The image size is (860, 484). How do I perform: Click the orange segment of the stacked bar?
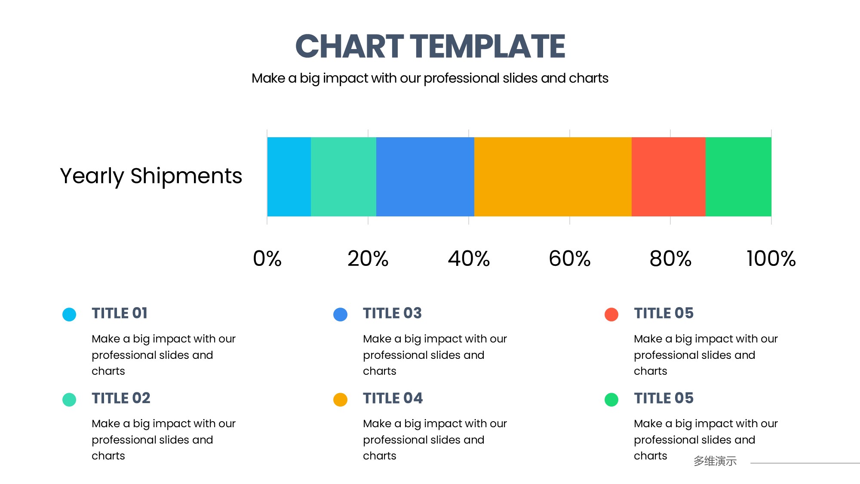553,177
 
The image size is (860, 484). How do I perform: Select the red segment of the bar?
669,177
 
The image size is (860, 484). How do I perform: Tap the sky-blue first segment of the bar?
289,177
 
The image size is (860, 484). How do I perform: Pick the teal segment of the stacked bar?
344,177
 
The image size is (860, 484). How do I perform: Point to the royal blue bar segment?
425,177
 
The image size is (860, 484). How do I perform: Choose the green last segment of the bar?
738,177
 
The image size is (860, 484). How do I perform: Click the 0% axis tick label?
267,259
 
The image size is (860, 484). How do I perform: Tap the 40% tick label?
469,259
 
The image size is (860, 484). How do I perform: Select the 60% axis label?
570,259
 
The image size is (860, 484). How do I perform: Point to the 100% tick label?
771,259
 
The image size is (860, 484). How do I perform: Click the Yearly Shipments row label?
151,176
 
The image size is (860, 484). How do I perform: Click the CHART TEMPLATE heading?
430,46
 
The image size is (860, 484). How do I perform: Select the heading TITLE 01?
120,313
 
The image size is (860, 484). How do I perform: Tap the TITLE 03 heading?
392,313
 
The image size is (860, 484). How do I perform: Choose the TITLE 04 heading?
393,398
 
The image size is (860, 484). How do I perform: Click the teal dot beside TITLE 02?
69,400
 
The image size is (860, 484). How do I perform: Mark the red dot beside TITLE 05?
611,314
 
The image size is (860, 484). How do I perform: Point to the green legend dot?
611,400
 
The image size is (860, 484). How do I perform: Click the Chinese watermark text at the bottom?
715,461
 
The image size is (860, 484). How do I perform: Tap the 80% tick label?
670,259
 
